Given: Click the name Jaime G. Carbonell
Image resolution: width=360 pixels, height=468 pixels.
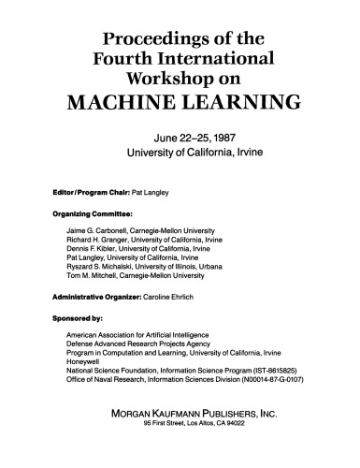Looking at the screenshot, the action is (99, 230).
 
